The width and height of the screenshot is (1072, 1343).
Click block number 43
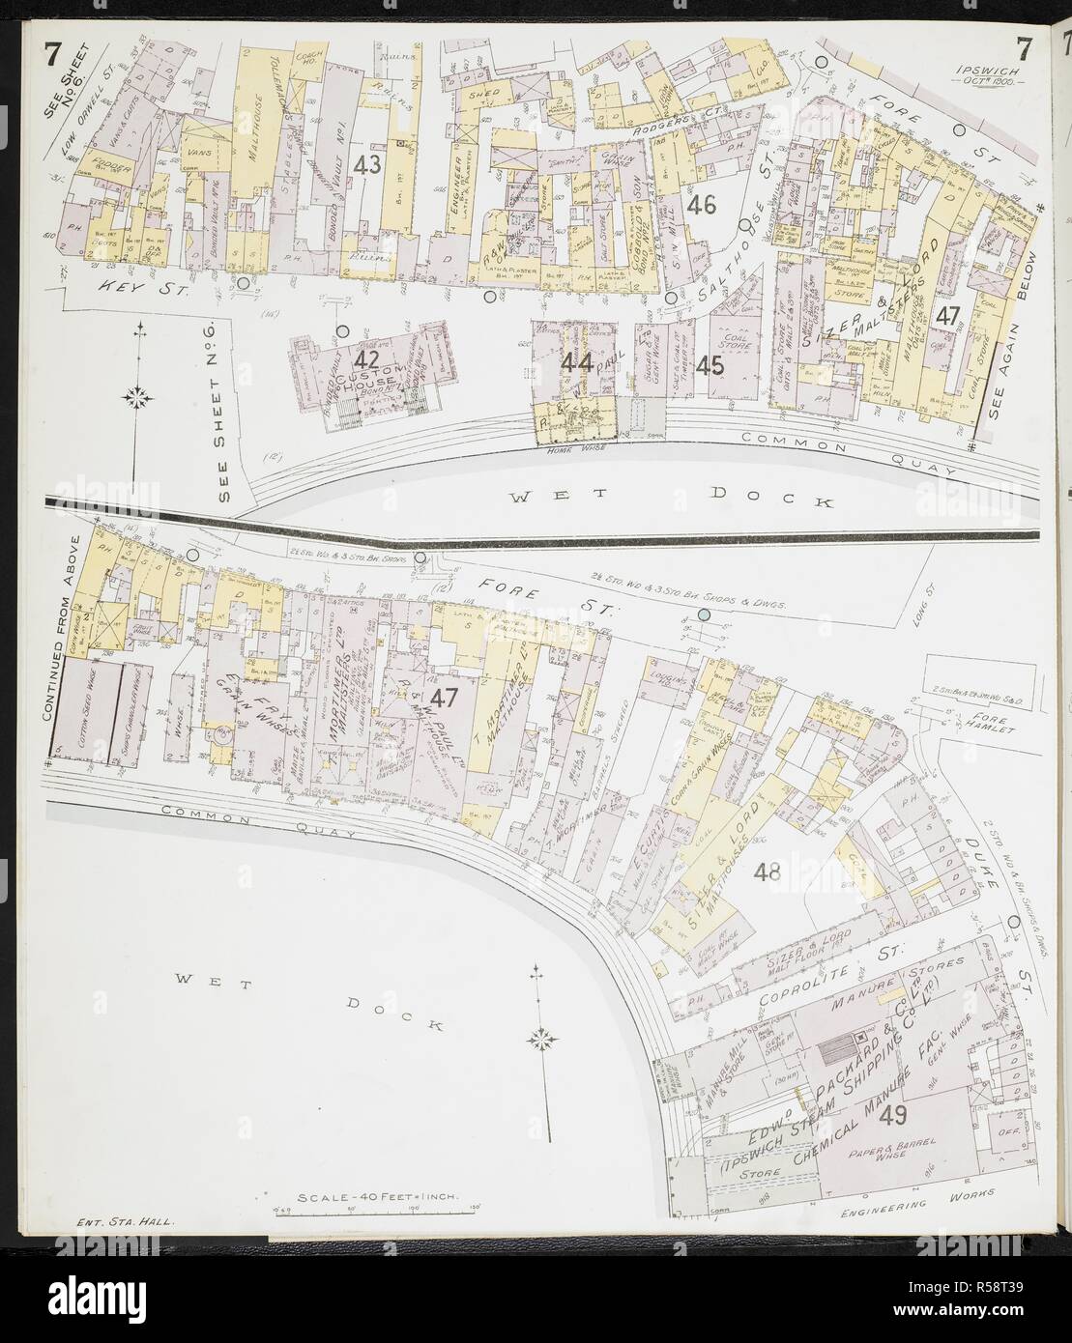click(x=366, y=164)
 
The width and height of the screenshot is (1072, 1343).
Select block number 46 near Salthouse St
click(x=701, y=204)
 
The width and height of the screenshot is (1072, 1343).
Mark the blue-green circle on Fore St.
click(x=703, y=615)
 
